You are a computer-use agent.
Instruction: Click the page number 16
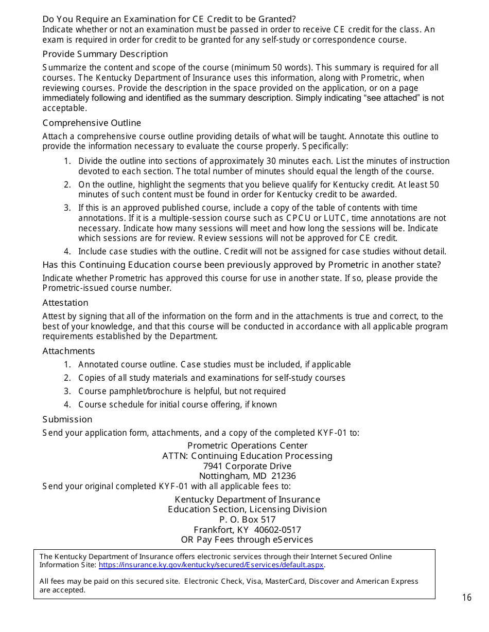(x=466, y=597)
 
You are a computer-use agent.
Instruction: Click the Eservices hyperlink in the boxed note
(x=211, y=565)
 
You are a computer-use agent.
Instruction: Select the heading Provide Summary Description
(x=105, y=54)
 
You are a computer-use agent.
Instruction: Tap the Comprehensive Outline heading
(x=92, y=123)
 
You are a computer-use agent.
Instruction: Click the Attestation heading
(x=65, y=303)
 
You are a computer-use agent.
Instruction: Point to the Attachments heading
(x=68, y=351)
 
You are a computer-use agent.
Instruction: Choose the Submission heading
(x=67, y=419)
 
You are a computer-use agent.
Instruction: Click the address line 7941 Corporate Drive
(x=247, y=466)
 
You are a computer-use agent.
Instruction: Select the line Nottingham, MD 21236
(x=247, y=476)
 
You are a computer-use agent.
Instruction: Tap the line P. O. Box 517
(x=247, y=519)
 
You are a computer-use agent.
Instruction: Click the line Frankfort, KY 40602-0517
(x=247, y=530)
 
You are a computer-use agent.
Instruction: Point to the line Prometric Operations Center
(x=247, y=445)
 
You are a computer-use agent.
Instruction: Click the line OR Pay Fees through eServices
(x=247, y=540)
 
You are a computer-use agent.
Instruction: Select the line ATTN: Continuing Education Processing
(x=247, y=456)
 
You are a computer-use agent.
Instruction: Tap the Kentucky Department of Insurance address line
(x=247, y=499)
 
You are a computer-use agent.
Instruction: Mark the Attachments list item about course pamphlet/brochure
(x=182, y=391)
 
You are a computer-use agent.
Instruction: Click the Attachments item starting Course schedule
(x=178, y=404)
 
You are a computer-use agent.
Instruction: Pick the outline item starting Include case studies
(x=262, y=251)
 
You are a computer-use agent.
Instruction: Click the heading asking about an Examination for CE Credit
(x=169, y=19)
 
